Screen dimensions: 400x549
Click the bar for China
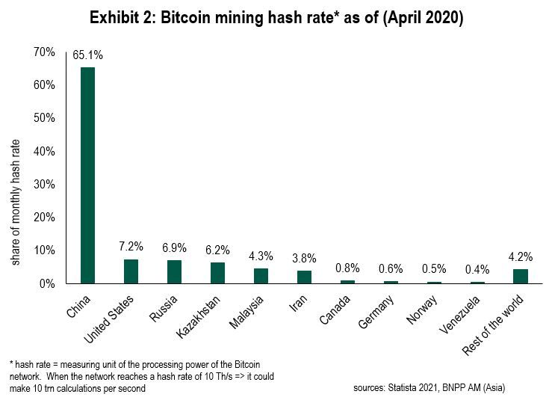pos(88,175)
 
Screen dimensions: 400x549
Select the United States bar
pos(131,271)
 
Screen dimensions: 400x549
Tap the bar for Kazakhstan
pos(217,273)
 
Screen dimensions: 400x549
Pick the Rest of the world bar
pos(521,276)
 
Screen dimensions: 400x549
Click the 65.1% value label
pos(88,56)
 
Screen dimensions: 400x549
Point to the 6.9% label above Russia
pos(174,248)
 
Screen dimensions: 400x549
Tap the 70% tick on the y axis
pos(44,52)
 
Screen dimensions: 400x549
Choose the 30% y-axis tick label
pos(44,184)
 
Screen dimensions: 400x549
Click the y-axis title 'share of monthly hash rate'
pos(16,201)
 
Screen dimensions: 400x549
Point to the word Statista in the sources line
pos(403,388)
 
